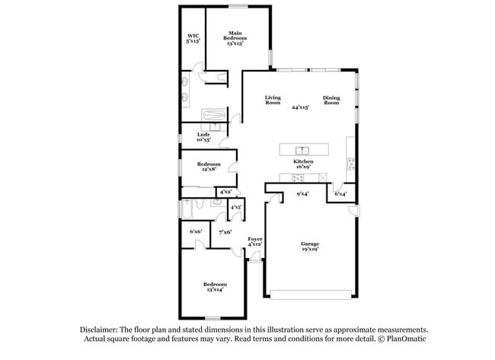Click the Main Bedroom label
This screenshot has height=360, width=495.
(x=238, y=39)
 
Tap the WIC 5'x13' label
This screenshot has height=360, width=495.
(x=193, y=39)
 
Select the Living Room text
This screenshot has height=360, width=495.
(x=273, y=100)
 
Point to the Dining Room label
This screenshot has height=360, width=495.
(x=331, y=100)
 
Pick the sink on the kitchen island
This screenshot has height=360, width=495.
(x=302, y=149)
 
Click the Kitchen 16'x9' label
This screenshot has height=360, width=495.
(x=303, y=165)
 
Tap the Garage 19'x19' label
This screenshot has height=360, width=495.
(x=310, y=247)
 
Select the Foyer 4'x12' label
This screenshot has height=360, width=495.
(x=255, y=241)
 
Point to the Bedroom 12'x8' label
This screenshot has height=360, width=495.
(x=209, y=167)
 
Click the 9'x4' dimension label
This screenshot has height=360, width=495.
(x=302, y=194)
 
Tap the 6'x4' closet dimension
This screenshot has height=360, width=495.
(x=340, y=194)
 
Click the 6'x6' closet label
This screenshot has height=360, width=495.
(x=195, y=231)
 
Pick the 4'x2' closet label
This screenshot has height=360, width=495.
(x=226, y=192)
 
